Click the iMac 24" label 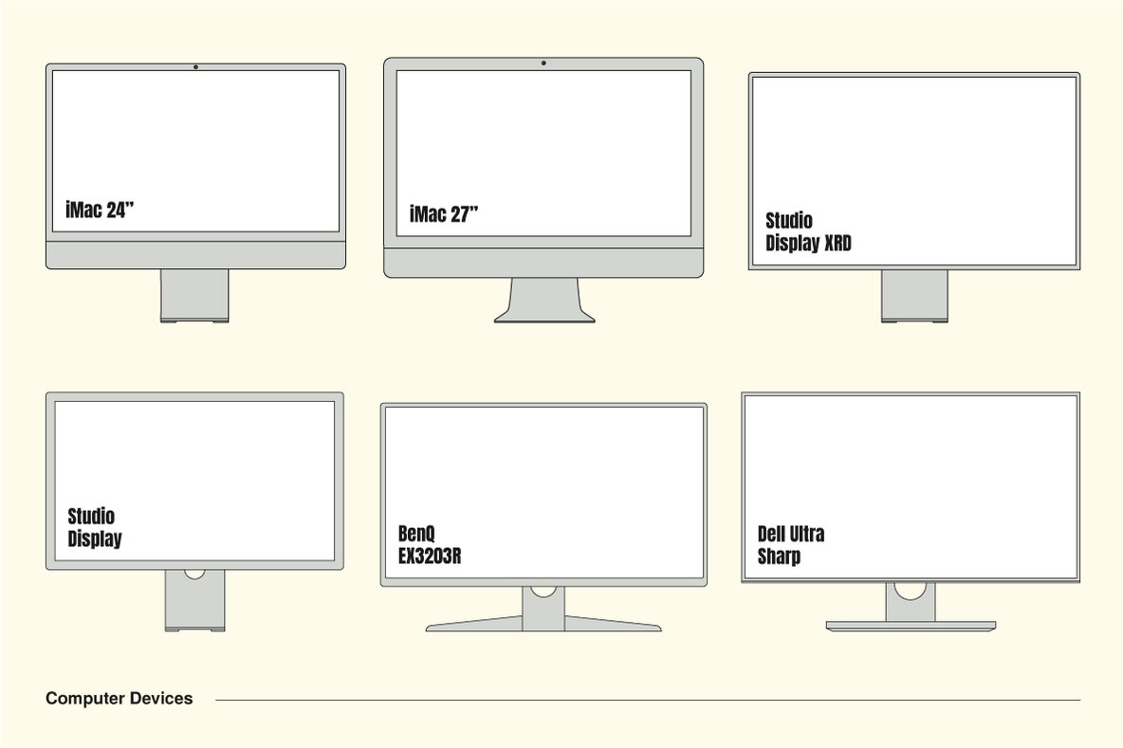click(x=101, y=210)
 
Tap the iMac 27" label click(x=444, y=214)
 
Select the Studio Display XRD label click(x=808, y=232)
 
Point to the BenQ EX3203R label click(x=430, y=544)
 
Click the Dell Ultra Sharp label click(x=791, y=545)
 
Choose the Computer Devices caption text click(x=119, y=699)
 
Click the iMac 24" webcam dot click(x=195, y=66)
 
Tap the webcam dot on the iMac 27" click(x=543, y=64)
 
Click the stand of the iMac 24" click(x=194, y=296)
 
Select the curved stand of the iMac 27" click(x=544, y=301)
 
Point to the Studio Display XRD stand click(x=914, y=295)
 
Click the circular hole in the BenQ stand click(x=543, y=590)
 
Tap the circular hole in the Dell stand click(x=911, y=589)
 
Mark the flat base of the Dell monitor click(x=911, y=626)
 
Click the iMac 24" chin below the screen click(x=195, y=254)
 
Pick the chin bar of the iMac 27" click(x=543, y=263)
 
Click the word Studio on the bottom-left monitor click(x=91, y=517)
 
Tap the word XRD click(x=838, y=244)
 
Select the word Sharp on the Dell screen click(x=779, y=556)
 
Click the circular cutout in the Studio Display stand click(x=194, y=574)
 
